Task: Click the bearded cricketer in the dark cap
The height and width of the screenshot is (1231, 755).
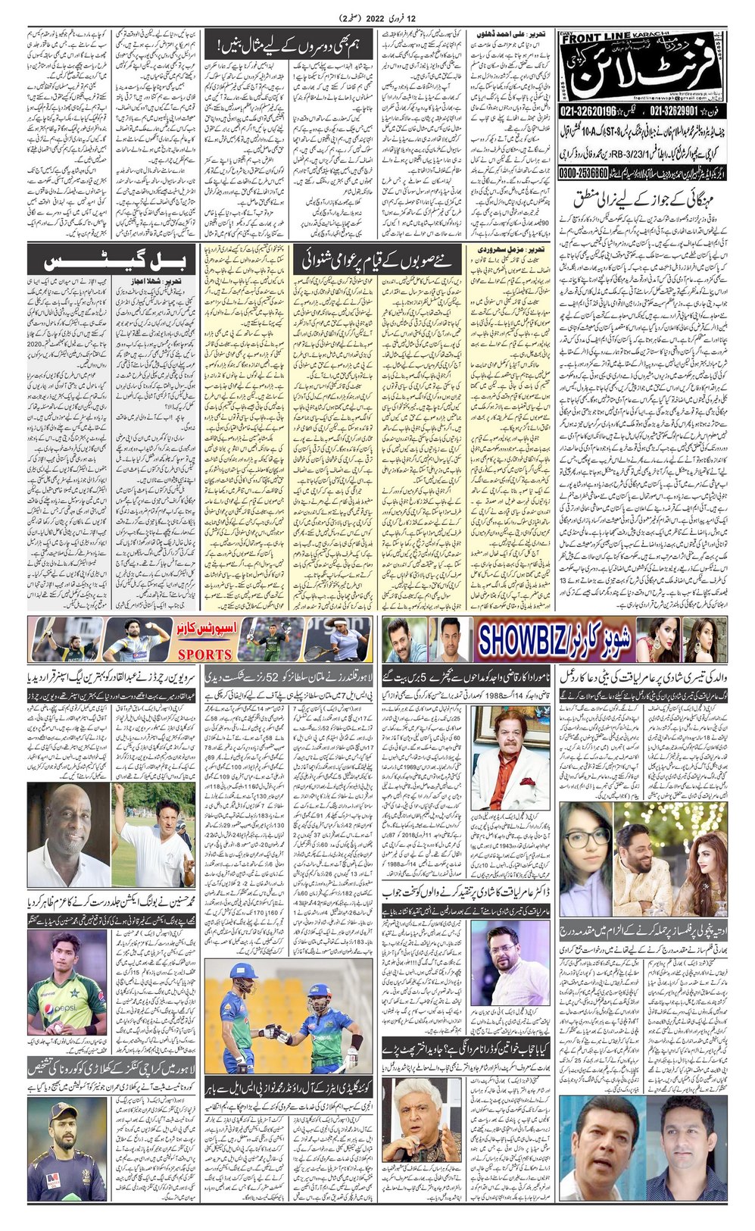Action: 66,1154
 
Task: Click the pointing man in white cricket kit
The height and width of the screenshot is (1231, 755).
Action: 151,833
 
